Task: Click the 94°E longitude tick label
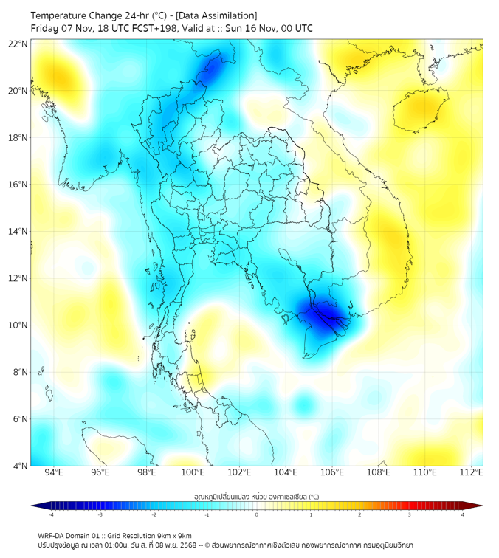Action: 54,472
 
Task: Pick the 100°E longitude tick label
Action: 193,472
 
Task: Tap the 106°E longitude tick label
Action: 332,472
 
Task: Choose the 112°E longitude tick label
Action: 472,472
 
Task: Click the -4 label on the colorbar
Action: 50,514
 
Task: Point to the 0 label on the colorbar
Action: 257,514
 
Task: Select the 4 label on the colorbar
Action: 462,514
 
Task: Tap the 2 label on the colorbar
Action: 359,514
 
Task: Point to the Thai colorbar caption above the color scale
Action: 256,497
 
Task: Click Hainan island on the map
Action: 420,111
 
